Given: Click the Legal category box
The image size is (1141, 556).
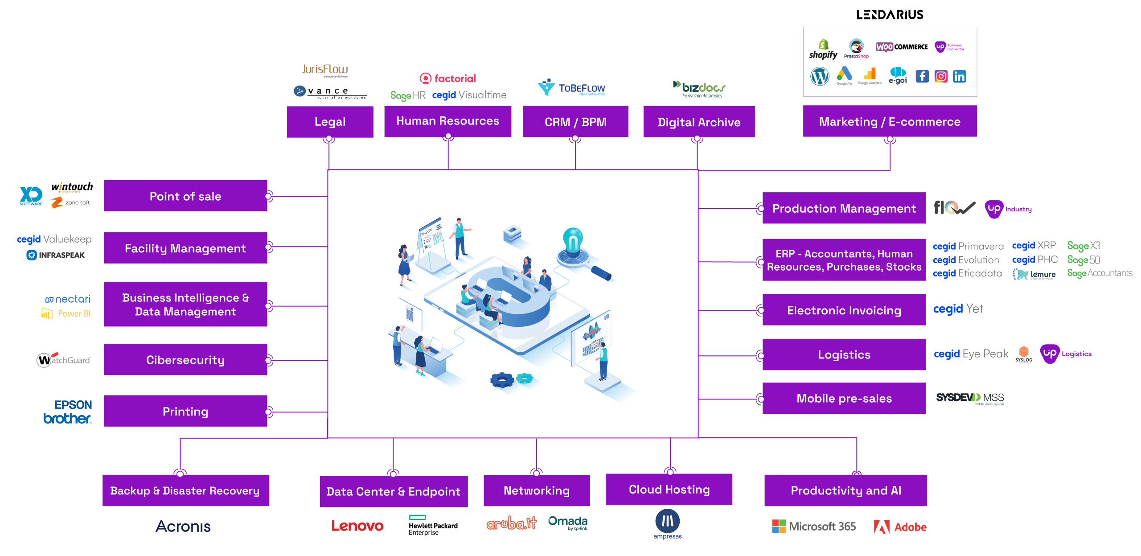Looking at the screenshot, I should [330, 122].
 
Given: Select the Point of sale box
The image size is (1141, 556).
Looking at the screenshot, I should [185, 196].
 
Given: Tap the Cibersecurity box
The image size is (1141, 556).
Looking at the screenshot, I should [185, 359].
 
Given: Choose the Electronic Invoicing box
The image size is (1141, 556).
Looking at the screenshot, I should [844, 310].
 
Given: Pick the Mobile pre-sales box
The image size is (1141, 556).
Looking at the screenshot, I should [844, 398].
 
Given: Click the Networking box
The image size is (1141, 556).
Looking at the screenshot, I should [536, 490].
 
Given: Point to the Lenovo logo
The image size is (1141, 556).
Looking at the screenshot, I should [357, 526].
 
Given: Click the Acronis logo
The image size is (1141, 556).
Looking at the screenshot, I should [183, 526].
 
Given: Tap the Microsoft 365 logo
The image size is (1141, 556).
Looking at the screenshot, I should [814, 527].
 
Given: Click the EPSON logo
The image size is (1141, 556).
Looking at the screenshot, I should [73, 405].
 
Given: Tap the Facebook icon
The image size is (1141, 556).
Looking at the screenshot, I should [922, 77].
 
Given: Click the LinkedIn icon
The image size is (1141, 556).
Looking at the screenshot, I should [959, 77].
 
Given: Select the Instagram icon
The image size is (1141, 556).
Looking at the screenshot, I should [941, 77].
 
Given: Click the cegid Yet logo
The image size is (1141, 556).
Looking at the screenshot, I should [958, 309].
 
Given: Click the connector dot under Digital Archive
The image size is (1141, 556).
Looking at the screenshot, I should [697, 139].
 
